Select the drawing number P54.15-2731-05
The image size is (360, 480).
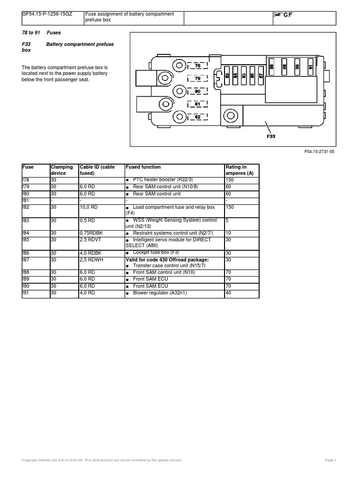coord(321,152)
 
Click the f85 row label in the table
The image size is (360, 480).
coord(26,240)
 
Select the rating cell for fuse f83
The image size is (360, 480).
coord(227,220)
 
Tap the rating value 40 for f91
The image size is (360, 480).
coord(228,293)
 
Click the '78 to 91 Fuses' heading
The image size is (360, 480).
coord(42,33)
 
